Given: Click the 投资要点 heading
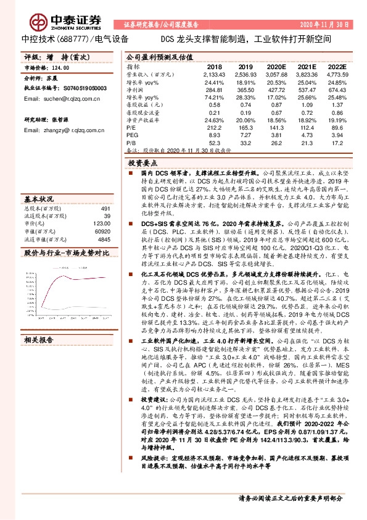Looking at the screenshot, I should (x=143, y=163).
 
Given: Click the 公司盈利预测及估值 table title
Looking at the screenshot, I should (x=160, y=57).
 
